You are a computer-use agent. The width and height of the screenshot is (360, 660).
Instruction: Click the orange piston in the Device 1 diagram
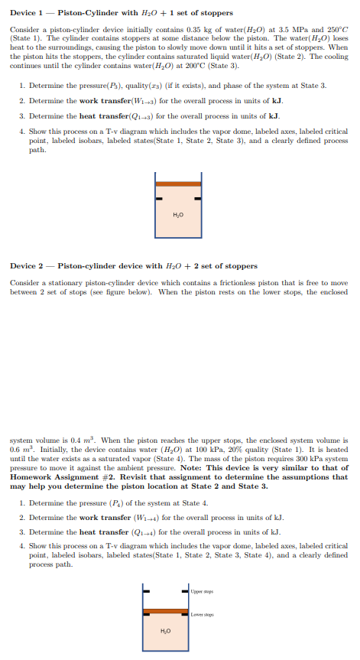click(179, 184)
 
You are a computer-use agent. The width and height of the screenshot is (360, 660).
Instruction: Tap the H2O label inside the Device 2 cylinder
click(166, 630)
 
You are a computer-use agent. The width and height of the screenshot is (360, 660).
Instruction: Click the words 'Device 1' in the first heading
click(26, 13)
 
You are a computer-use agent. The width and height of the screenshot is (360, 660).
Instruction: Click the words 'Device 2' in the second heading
click(26, 266)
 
